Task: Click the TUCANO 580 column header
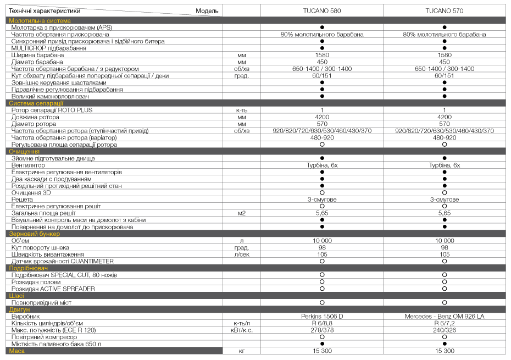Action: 322,11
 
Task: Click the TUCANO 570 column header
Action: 444,11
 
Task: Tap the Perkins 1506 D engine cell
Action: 322,316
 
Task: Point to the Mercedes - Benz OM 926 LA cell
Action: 444,316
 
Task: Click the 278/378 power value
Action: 322,330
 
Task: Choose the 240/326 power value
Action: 444,330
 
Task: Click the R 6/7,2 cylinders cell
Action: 444,323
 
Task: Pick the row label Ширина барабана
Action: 37,55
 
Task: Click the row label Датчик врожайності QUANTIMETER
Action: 63,261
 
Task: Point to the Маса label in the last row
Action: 16,350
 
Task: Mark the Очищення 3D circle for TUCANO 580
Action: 322,192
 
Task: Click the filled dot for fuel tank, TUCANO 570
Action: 444,344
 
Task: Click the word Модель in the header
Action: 207,11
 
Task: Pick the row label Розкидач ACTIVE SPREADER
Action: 53,289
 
